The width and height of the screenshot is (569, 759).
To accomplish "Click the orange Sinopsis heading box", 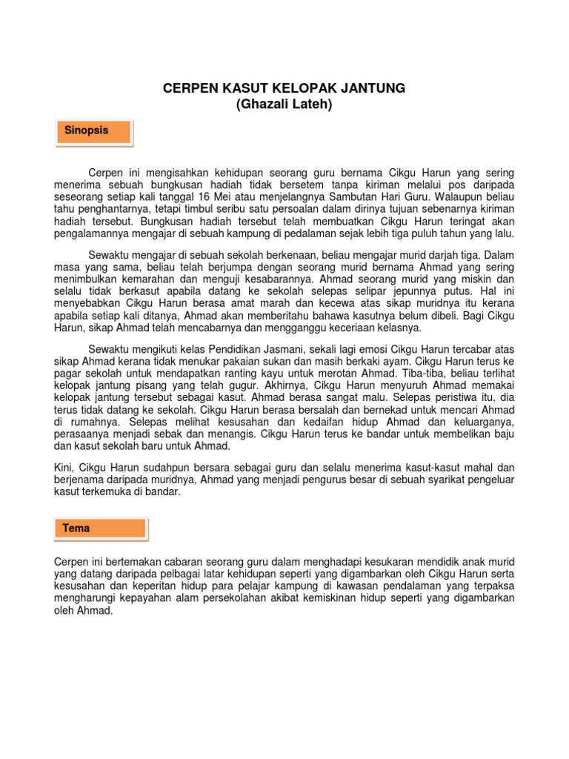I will click(94, 131).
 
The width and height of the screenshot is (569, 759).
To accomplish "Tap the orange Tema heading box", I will click(102, 528).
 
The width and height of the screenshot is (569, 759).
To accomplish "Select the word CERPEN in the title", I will click(190, 88).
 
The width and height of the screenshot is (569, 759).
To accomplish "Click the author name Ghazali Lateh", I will click(284, 105).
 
